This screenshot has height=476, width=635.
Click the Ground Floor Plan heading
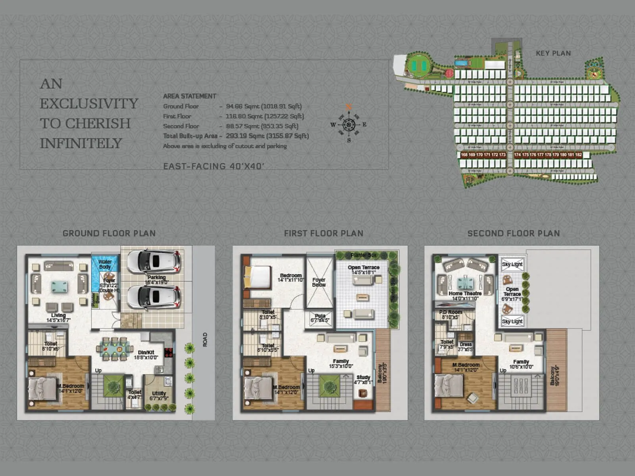click(x=109, y=233)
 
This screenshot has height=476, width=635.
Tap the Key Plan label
click(x=553, y=53)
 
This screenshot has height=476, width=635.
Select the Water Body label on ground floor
click(x=105, y=264)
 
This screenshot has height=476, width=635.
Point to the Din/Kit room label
click(x=146, y=354)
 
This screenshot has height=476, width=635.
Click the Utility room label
click(x=159, y=395)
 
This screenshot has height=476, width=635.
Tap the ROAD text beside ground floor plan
click(x=205, y=340)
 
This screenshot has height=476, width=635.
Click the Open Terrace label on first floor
click(x=364, y=270)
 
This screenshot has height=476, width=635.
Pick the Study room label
click(x=363, y=380)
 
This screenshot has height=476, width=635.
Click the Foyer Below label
click(x=319, y=282)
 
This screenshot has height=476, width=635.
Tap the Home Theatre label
click(x=465, y=296)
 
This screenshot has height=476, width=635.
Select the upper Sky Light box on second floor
click(x=512, y=264)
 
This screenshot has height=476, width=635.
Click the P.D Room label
click(x=450, y=315)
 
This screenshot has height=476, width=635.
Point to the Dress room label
click(x=466, y=347)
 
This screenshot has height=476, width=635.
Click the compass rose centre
click(x=349, y=125)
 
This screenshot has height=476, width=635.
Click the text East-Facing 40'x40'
click(x=214, y=166)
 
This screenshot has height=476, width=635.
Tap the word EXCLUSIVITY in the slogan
click(x=89, y=104)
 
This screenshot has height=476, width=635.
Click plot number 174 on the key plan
click(x=517, y=155)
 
